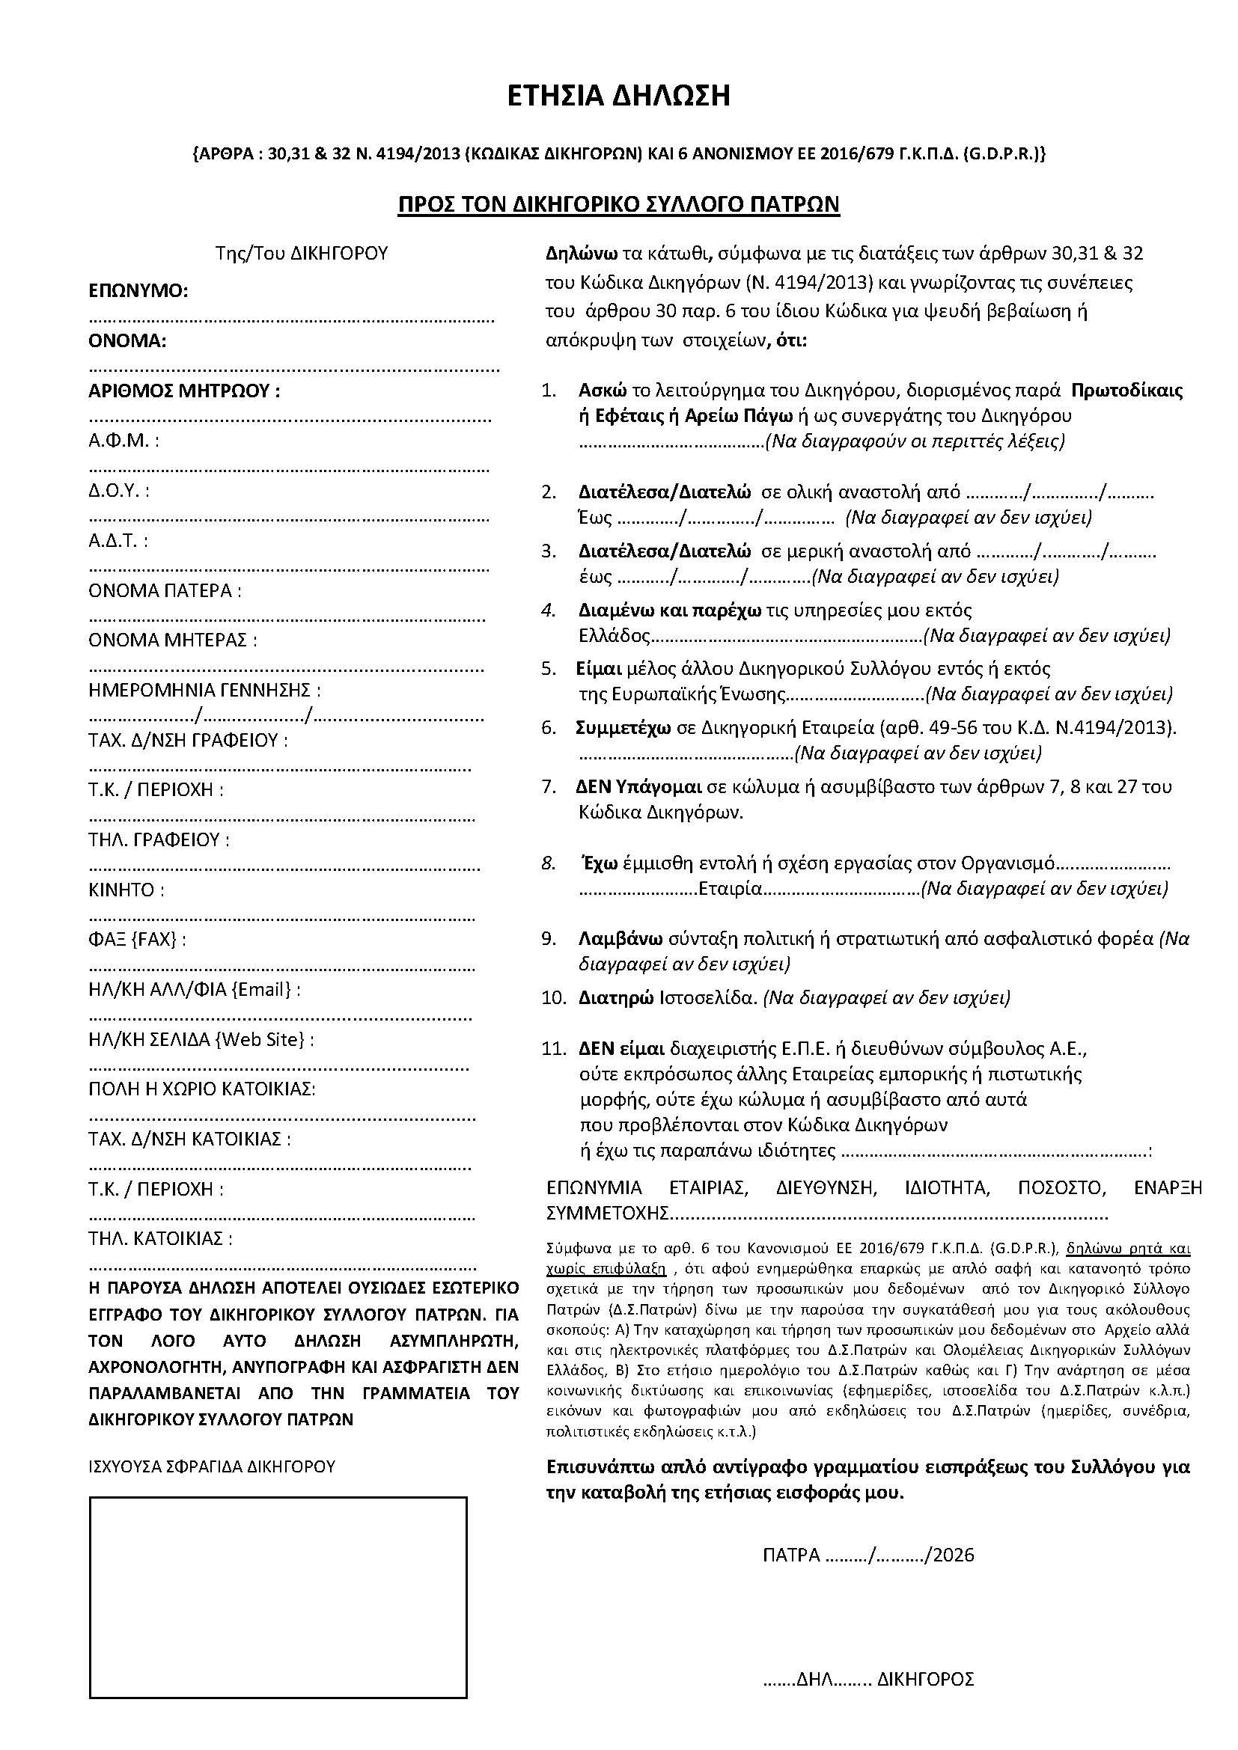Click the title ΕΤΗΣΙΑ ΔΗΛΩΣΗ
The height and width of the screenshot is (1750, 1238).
(618, 96)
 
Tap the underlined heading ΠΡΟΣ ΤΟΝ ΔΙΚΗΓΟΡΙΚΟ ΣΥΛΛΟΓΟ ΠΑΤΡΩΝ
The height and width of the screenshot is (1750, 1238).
(618, 204)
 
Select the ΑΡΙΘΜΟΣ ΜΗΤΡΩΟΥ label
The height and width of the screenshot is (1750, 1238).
(183, 391)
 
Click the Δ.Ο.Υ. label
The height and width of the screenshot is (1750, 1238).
(119, 490)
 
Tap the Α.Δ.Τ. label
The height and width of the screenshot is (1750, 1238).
(118, 540)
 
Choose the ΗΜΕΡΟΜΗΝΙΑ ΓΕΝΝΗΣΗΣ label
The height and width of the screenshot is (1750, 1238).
(204, 691)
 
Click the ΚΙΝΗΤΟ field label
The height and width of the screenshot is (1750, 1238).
(126, 890)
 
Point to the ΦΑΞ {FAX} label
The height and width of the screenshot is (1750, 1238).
(137, 940)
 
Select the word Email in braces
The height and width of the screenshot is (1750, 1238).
(263, 989)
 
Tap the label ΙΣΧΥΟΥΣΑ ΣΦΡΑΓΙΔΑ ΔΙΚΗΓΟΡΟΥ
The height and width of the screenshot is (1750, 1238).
(212, 1466)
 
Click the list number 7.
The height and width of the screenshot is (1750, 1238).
(549, 787)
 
